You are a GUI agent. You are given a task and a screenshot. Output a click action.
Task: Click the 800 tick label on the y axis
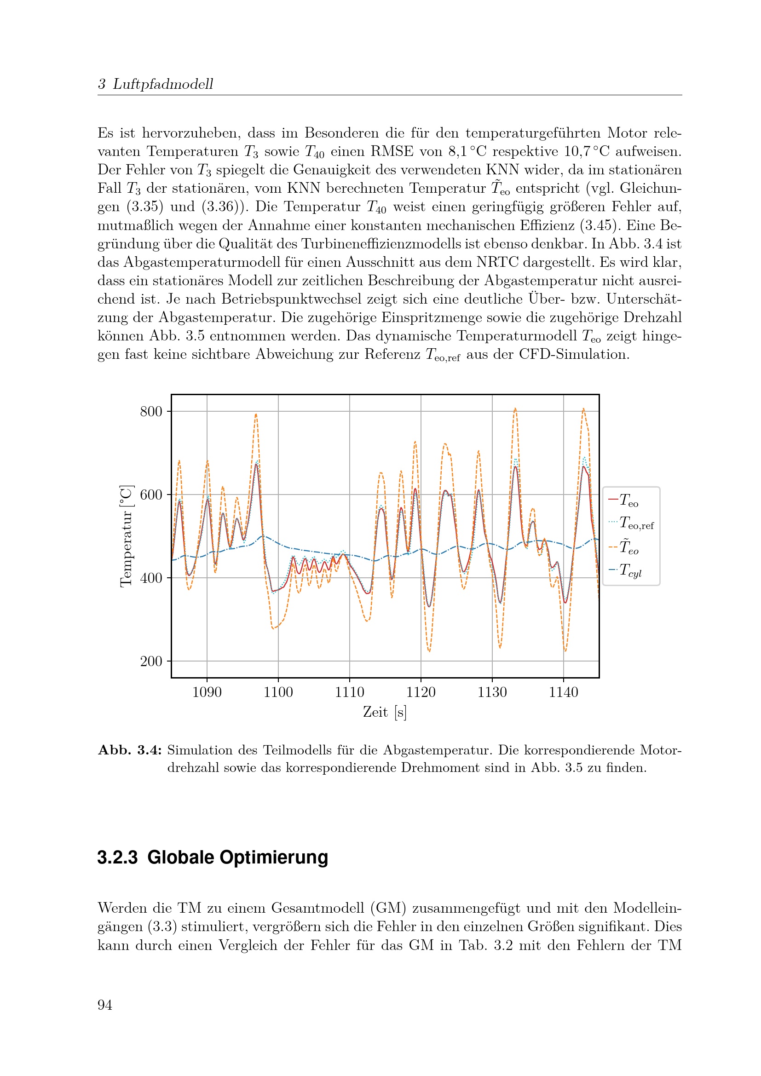click(151, 411)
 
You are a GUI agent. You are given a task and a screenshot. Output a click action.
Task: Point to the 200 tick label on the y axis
click(151, 661)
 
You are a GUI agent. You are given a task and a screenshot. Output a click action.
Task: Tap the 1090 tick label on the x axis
click(207, 692)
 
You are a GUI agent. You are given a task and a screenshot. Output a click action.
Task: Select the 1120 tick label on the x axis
click(421, 692)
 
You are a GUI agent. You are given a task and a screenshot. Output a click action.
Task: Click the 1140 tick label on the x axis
click(563, 692)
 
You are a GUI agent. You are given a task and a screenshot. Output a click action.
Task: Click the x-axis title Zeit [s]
click(385, 712)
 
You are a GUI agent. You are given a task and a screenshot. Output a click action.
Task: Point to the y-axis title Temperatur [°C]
click(127, 536)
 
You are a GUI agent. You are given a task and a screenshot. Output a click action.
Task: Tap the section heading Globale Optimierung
click(237, 857)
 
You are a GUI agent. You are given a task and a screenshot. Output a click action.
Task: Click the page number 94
click(105, 1005)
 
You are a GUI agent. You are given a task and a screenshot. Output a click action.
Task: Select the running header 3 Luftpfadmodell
click(156, 84)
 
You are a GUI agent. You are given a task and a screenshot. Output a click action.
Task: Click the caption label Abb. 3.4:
click(130, 750)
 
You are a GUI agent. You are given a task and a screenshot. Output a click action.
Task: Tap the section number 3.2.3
click(118, 857)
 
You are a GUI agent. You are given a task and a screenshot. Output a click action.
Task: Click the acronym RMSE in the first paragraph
click(392, 151)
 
